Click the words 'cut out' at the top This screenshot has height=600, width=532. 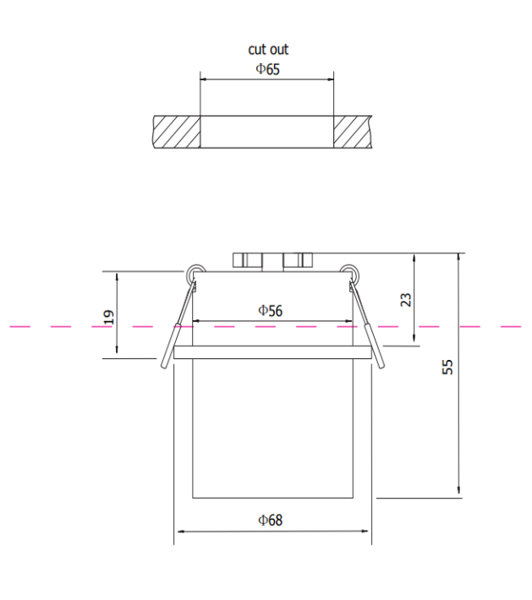(267, 50)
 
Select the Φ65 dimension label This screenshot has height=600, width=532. (267, 68)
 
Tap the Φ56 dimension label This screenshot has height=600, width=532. (270, 310)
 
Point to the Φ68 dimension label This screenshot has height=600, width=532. (270, 520)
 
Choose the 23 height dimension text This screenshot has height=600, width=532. (405, 299)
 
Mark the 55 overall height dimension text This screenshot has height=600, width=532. (448, 366)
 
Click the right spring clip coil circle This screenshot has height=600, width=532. (347, 272)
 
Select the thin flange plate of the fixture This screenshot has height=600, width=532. (271, 353)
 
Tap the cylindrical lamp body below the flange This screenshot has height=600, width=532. (271, 428)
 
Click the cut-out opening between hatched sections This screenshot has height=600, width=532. (267, 133)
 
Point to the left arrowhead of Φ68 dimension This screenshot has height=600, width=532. (178, 532)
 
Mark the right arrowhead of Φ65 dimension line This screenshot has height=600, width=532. (331, 82)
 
